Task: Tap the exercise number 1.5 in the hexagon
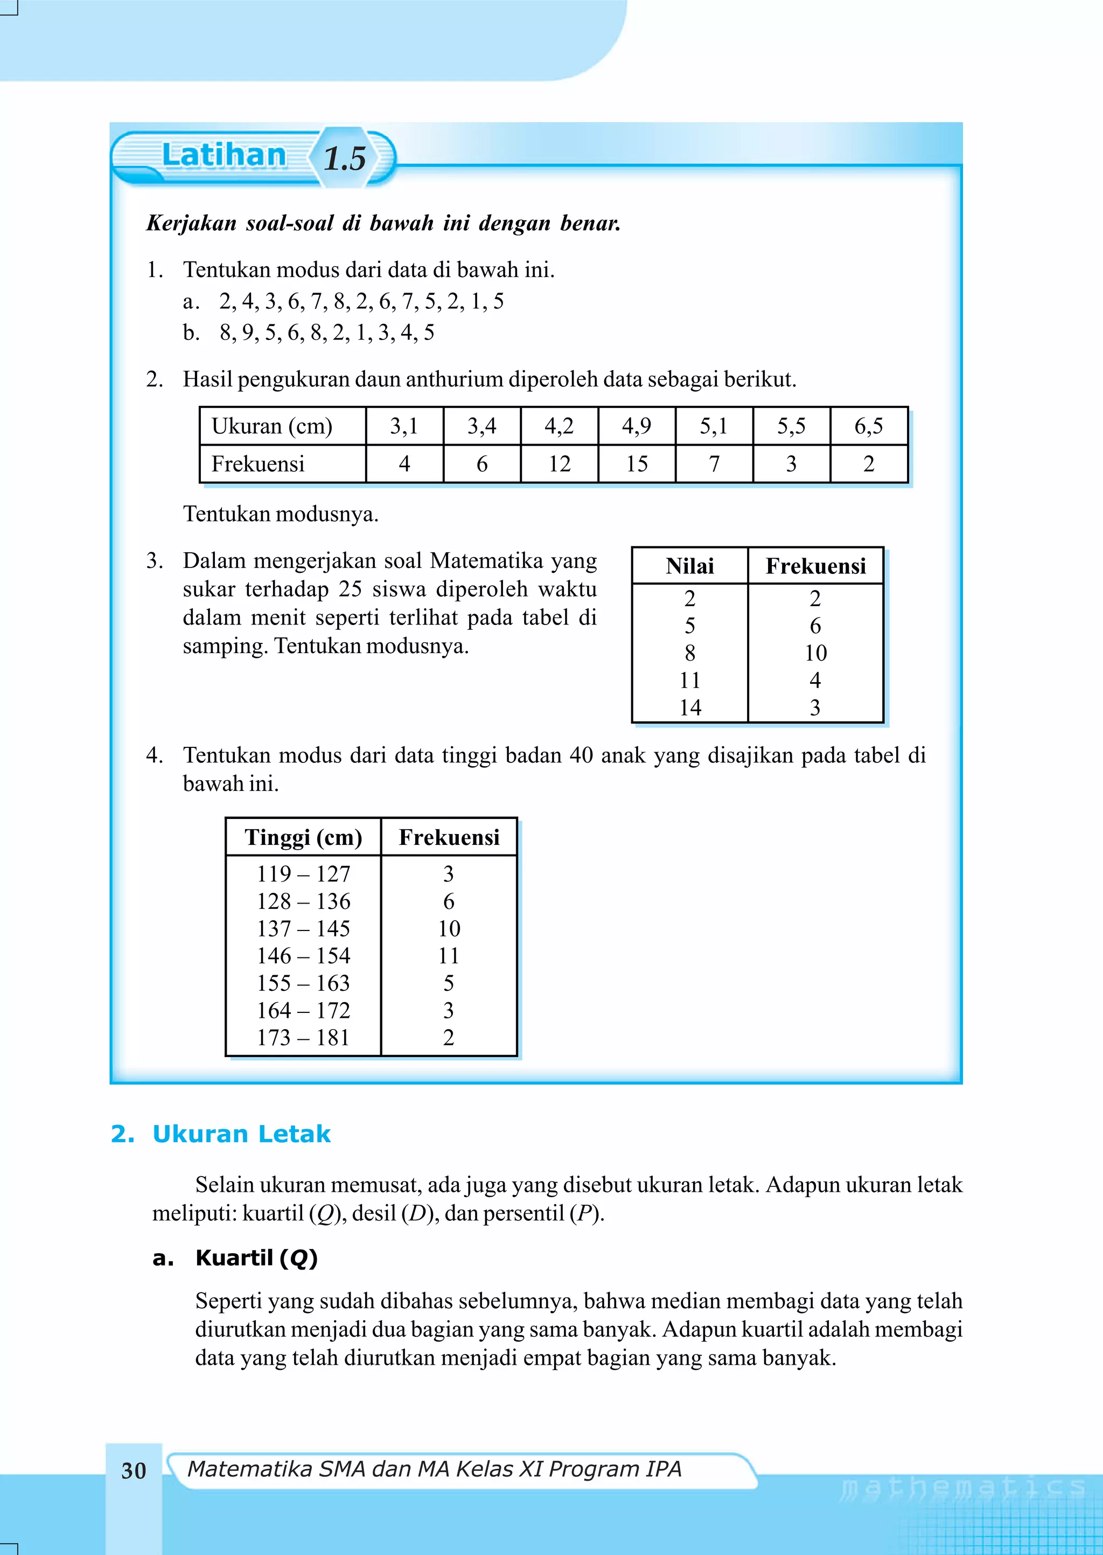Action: tap(344, 159)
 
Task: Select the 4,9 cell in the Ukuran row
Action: tap(637, 426)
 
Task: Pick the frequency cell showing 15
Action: tap(637, 464)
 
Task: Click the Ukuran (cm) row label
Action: tap(271, 426)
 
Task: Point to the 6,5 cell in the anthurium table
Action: tap(868, 426)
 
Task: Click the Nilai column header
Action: tap(689, 566)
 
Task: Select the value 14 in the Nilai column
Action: tap(690, 708)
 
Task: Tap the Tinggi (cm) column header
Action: tap(303, 837)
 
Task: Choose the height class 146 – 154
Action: tap(303, 956)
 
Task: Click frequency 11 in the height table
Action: tap(448, 956)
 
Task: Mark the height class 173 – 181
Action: tap(303, 1037)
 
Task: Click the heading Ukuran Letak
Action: tap(241, 1134)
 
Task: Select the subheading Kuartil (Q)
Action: tap(256, 1258)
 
